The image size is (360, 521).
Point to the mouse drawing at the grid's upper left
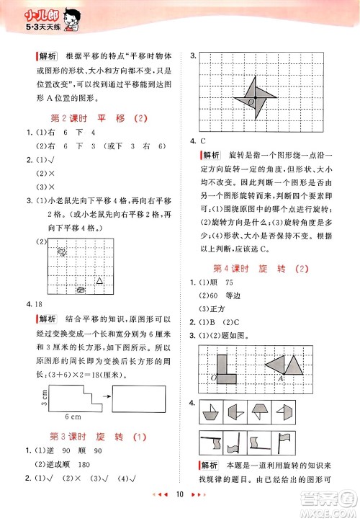click(63, 251)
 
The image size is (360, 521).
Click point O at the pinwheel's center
click(251, 103)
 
